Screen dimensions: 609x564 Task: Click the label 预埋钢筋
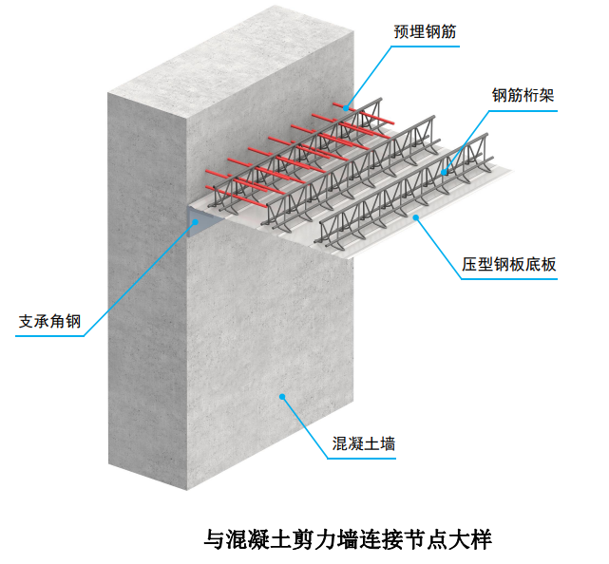(425, 31)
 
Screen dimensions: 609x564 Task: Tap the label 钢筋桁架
(523, 96)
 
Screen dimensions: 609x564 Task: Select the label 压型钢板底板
(509, 264)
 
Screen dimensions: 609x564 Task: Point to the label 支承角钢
(49, 321)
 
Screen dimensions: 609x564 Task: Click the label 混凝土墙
(364, 443)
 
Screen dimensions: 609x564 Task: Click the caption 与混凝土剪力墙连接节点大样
(348, 539)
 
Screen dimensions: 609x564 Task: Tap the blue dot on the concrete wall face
(282, 396)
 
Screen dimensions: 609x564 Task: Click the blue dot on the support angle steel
(196, 221)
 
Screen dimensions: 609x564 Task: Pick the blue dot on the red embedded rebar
(345, 108)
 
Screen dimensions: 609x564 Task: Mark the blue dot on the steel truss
(444, 172)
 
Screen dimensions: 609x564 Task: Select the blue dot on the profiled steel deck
(416, 217)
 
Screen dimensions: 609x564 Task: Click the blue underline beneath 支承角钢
(49, 336)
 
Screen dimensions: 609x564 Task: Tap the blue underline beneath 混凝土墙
(362, 459)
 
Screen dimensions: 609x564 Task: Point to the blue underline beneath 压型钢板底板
(509, 279)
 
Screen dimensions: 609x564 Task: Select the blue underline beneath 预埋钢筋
(426, 47)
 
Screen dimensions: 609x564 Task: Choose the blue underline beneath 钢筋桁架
(523, 111)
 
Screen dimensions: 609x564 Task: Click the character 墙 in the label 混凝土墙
(388, 443)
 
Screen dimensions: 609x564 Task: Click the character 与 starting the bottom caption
(215, 539)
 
